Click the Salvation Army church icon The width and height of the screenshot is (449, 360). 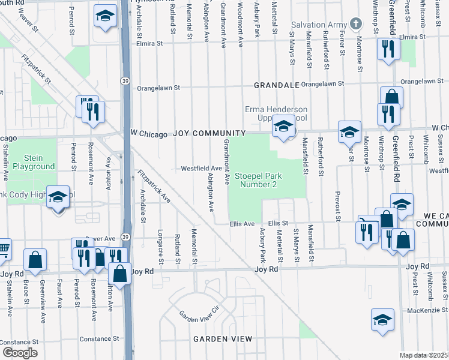click(x=356, y=25)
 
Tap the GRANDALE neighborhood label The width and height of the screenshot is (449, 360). click(x=276, y=85)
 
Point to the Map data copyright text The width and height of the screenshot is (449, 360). click(x=424, y=355)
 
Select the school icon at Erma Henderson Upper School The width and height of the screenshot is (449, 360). click(x=284, y=126)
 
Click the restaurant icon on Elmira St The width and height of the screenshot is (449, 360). click(x=388, y=48)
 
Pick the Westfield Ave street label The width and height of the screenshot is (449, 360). click(x=202, y=169)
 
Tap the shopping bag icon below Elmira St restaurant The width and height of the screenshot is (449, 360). click(x=391, y=97)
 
